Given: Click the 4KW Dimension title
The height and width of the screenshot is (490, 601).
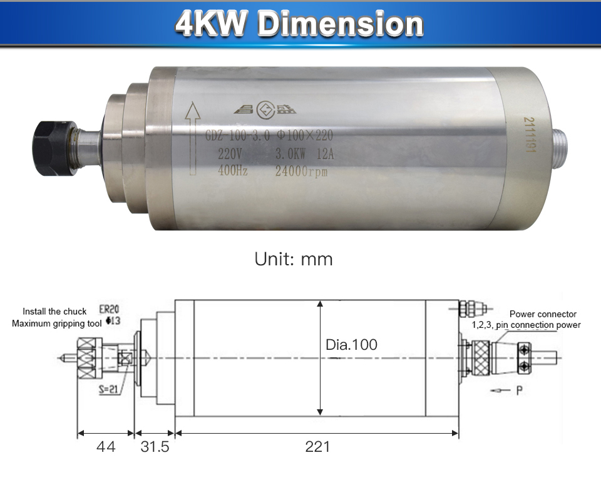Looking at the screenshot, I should pos(299,24).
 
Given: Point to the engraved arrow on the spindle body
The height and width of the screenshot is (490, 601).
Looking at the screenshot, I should pos(192,141).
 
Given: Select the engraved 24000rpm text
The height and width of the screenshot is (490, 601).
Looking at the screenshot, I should pos(302,172).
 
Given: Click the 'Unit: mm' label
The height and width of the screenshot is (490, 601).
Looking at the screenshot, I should pos(294,259).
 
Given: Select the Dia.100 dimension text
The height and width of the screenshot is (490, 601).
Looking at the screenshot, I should pos(352,345).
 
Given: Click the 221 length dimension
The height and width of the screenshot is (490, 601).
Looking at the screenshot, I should pos(317,447).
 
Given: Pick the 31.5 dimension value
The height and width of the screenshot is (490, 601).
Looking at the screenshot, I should pos(154,447).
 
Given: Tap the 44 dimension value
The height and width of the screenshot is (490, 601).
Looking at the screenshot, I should pos(105,447).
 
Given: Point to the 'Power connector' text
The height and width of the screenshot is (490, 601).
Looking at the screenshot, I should pos(543,314).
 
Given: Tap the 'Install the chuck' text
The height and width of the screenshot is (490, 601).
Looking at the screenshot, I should pos(51,312).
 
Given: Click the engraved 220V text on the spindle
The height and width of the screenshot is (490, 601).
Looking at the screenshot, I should pos(230,155).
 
